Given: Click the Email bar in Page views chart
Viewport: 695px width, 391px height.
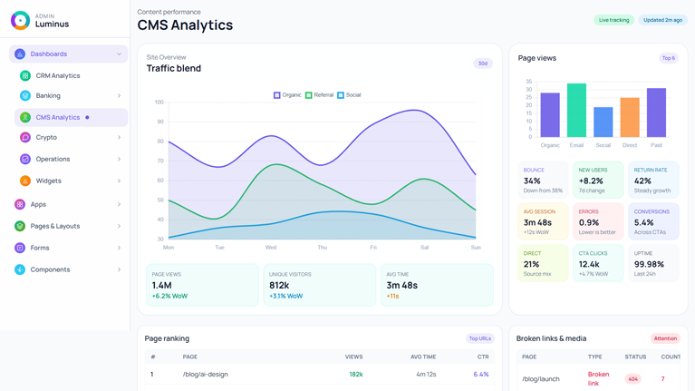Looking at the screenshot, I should [576, 111].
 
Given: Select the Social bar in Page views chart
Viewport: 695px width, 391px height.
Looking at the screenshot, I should [603, 122].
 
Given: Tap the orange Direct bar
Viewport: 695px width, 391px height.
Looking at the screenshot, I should [630, 117].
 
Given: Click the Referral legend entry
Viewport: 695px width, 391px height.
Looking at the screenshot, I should [320, 95].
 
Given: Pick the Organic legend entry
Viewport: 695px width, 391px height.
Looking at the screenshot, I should [287, 95].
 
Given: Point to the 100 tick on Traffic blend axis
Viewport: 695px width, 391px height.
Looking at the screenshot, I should [159, 103].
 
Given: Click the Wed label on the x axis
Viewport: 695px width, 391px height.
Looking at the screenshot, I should [271, 248].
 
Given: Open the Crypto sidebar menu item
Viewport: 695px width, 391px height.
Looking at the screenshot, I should [46, 138].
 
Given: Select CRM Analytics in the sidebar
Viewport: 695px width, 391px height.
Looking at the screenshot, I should [58, 76].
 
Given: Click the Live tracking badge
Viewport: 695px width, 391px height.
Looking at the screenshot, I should [613, 20].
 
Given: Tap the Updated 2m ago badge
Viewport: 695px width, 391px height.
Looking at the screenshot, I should [663, 20].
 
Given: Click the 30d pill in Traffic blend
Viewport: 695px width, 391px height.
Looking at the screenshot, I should [483, 64].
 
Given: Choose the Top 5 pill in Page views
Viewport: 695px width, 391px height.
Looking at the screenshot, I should [668, 58].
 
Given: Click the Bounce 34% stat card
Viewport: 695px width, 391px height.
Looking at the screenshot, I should [543, 180].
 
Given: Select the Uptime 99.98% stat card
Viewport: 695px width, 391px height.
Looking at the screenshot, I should [652, 263].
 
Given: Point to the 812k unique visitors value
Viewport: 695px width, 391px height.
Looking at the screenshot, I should [279, 285].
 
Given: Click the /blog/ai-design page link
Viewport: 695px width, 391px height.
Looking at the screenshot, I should [205, 374].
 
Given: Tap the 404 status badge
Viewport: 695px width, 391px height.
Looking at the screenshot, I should [632, 379].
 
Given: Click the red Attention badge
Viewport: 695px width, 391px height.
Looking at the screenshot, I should [665, 338].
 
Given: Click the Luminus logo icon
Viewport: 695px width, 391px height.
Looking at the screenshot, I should [20, 20].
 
